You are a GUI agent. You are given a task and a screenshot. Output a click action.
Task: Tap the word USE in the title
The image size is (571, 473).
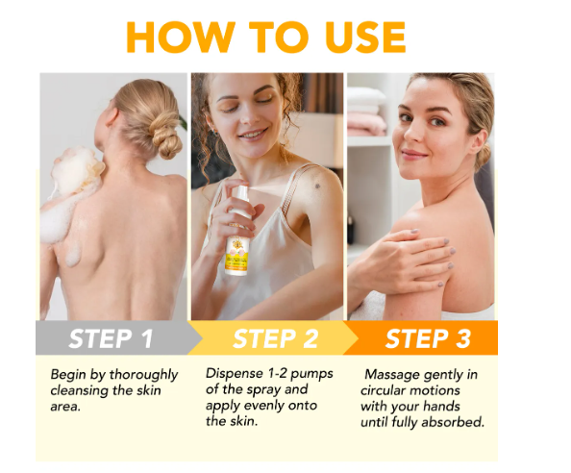(365, 37)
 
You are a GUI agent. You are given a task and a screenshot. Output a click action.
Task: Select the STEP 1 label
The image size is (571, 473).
(112, 338)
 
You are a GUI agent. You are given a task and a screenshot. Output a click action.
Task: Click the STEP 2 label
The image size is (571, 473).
(275, 338)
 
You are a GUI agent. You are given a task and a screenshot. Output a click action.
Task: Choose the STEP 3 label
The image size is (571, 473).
(428, 338)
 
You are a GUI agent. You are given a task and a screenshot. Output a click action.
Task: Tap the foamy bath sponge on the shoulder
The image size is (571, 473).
(77, 172)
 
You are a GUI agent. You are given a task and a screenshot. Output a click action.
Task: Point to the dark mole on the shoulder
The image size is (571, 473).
(317, 187)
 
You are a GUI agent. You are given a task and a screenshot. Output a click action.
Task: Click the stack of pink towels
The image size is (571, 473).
(366, 124)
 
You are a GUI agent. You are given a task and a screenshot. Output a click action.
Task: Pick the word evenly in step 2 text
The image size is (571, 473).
(263, 406)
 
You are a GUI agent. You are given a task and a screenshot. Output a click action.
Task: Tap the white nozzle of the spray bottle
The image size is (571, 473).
(240, 192)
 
